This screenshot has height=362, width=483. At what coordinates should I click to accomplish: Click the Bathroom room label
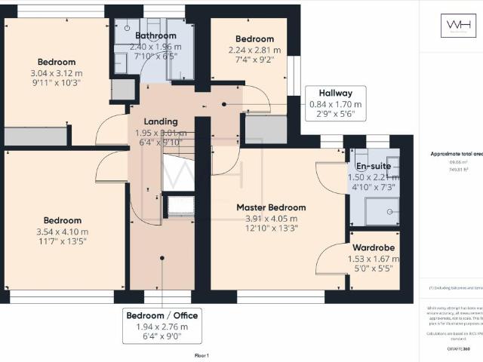[155, 35]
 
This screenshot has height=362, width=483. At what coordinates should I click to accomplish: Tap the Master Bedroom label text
[271, 207]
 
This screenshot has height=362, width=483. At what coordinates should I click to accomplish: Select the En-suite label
[373, 165]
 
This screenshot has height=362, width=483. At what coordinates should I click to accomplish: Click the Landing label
[160, 121]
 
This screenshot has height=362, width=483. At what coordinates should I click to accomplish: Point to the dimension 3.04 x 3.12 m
[57, 73]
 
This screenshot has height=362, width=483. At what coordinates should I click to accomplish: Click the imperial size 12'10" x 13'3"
[272, 230]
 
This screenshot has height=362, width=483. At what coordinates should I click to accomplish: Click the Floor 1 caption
[202, 354]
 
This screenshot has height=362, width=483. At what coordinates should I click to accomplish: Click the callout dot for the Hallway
[224, 105]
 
